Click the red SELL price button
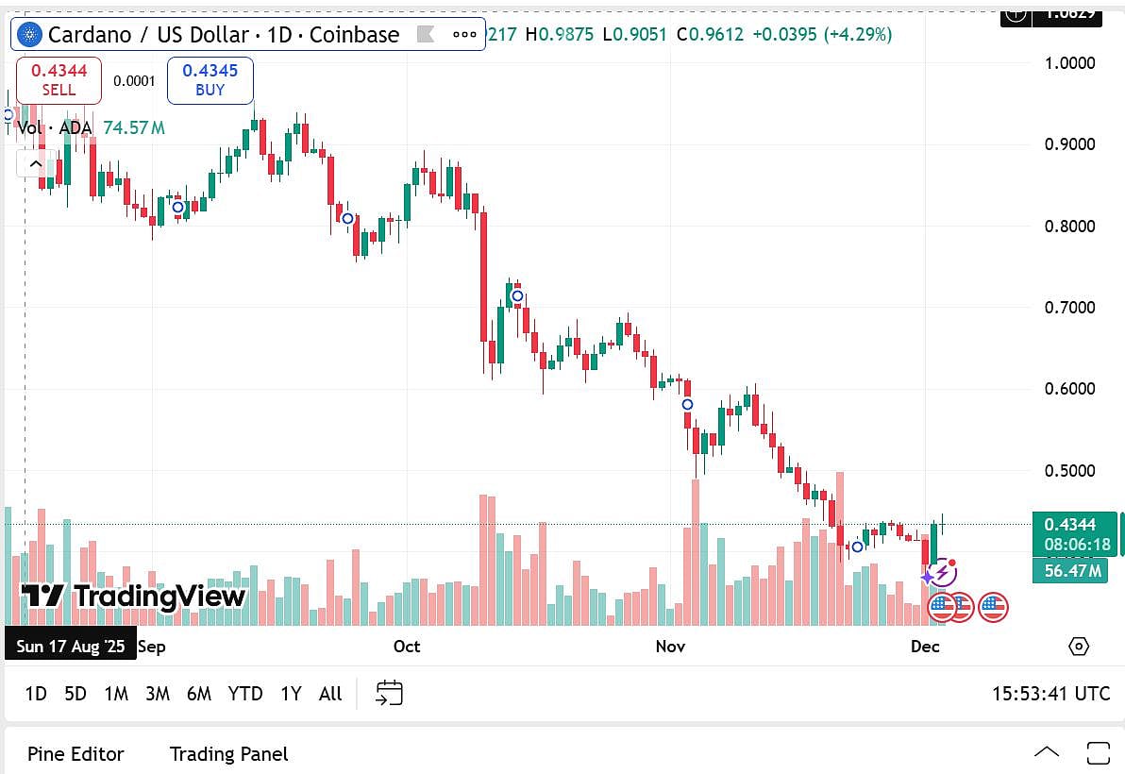(59, 80)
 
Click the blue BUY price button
(210, 80)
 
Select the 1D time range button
(36, 694)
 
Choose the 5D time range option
(76, 694)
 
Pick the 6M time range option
(198, 694)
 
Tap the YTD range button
(245, 694)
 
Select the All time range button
(330, 694)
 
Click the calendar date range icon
(389, 694)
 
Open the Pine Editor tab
(76, 754)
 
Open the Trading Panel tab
(228, 754)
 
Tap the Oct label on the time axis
(407, 647)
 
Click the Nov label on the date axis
(670, 647)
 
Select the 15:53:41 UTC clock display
(1050, 694)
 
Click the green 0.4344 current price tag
(1074, 525)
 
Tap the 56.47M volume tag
(1069, 570)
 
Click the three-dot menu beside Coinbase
(464, 35)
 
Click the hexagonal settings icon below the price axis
(1078, 647)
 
